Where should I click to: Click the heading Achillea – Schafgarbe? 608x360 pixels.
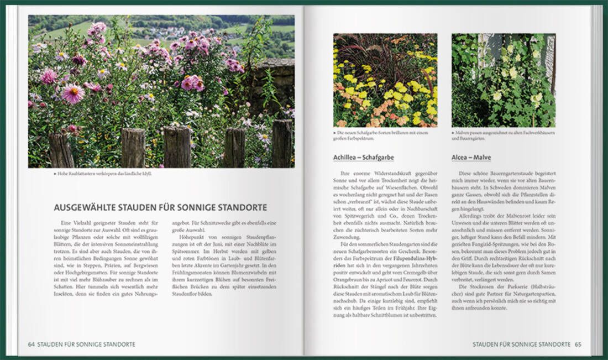(x=363, y=158)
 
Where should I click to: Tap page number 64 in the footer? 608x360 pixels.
(x=32, y=344)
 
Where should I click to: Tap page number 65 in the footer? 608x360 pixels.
(x=578, y=344)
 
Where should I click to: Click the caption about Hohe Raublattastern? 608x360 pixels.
(x=102, y=173)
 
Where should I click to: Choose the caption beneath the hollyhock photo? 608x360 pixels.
(x=503, y=135)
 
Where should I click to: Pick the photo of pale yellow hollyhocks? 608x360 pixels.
(x=503, y=80)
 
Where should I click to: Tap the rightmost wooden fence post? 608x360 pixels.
(x=282, y=144)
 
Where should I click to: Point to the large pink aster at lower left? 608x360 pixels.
(x=73, y=93)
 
